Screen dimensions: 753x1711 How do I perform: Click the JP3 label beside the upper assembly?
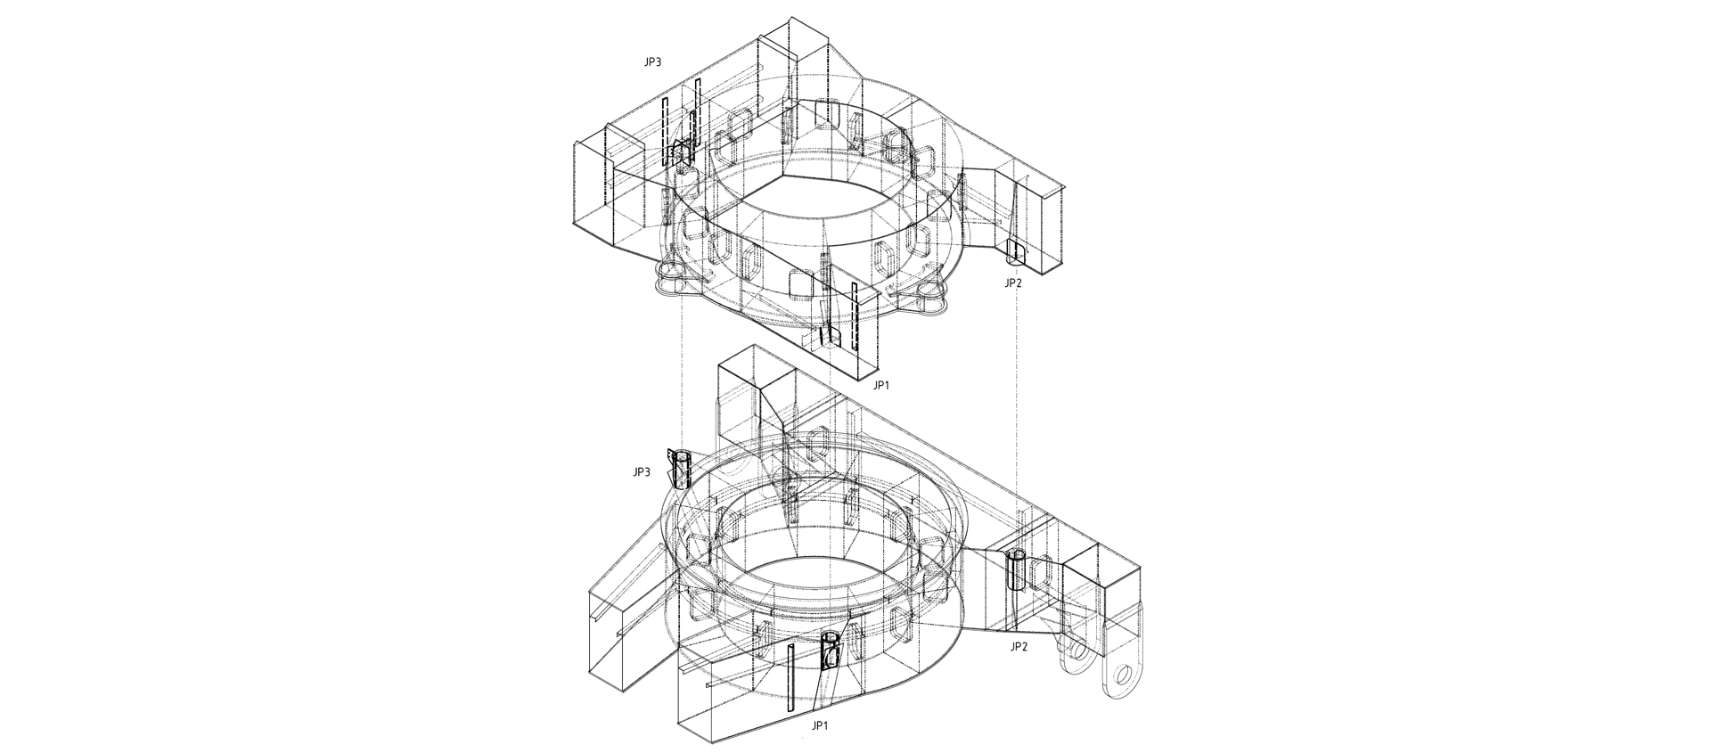(x=652, y=63)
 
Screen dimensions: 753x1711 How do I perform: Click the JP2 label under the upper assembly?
(x=1013, y=283)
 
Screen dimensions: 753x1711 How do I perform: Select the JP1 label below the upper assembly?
(x=880, y=385)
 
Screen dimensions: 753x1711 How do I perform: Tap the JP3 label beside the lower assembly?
(x=642, y=472)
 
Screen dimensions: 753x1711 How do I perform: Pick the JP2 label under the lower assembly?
(x=1019, y=647)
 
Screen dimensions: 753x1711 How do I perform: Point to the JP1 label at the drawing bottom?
(x=821, y=726)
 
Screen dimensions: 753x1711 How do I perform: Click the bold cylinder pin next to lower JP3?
(x=682, y=470)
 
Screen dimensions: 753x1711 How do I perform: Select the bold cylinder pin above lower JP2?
(x=1017, y=570)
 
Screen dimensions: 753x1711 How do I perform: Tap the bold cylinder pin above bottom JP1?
(x=831, y=651)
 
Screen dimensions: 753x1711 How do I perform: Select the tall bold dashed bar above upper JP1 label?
(x=854, y=316)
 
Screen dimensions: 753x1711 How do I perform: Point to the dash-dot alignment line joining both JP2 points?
(x=1017, y=401)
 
